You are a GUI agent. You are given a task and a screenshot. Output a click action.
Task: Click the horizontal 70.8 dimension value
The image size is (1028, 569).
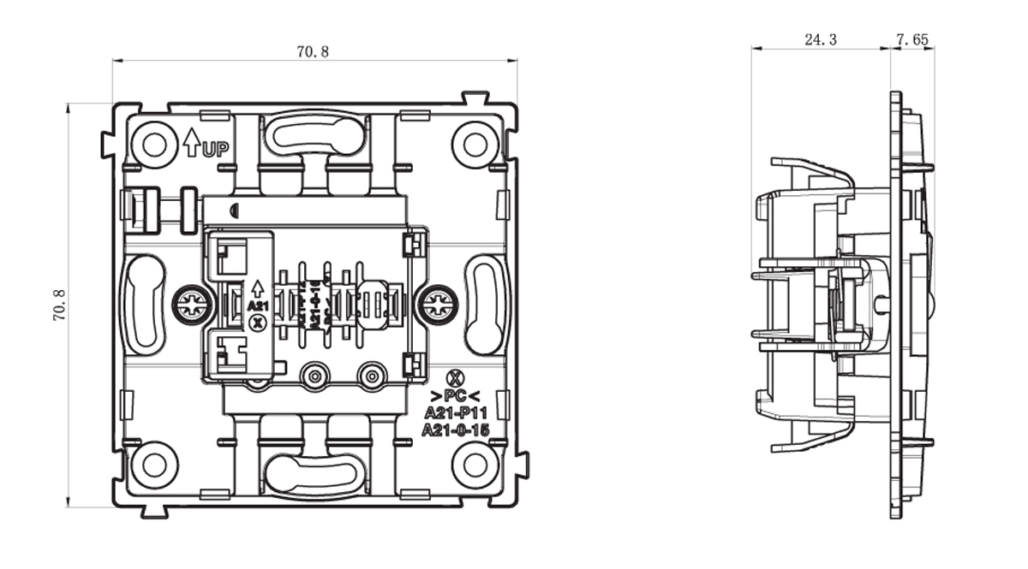tap(313, 51)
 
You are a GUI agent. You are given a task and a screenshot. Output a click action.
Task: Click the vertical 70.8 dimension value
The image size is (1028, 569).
tap(59, 305)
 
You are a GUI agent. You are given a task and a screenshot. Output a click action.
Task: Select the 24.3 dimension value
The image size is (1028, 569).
tap(821, 39)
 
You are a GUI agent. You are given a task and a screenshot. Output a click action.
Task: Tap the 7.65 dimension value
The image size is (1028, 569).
tap(912, 39)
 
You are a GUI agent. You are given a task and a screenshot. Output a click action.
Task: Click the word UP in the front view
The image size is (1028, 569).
tap(216, 149)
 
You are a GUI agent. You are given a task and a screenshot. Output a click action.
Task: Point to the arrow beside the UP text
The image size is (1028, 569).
tap(191, 142)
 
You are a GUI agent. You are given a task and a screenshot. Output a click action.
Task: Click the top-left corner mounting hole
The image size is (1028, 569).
tap(154, 143)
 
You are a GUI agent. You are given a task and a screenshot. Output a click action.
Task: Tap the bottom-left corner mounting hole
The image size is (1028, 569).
tap(154, 465)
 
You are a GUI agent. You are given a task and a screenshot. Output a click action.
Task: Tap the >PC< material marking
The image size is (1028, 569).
tap(456, 395)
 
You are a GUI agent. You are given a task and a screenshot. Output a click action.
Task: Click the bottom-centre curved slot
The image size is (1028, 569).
tap(314, 472)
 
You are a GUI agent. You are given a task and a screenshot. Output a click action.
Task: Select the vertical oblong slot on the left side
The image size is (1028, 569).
tap(143, 303)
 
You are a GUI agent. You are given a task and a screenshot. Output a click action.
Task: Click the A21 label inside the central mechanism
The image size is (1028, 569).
tap(257, 305)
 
